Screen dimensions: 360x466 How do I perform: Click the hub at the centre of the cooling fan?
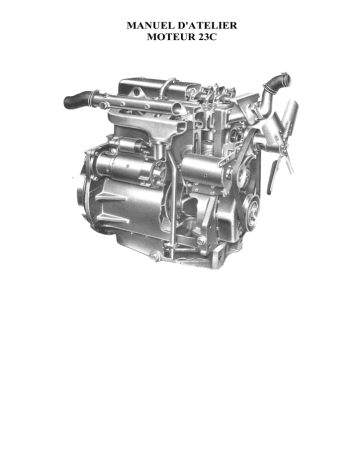(283, 143)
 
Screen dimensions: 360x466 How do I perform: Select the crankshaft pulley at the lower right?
(252, 207)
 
